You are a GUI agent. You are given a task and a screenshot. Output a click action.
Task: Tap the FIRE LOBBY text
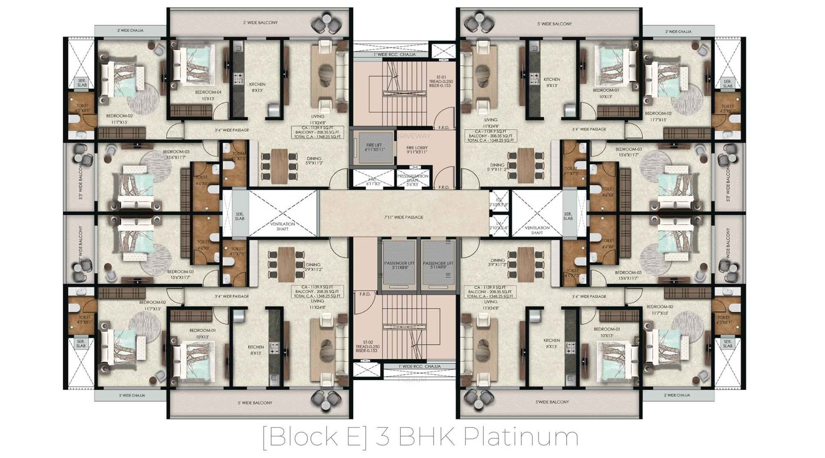pyautogui.click(x=417, y=150)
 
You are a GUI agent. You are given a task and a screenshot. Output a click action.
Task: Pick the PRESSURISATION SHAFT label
pyautogui.click(x=412, y=178)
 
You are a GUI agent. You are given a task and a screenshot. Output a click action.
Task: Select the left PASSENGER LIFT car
pyautogui.click(x=399, y=265)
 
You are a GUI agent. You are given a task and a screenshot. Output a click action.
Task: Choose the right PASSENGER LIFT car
pyautogui.click(x=438, y=265)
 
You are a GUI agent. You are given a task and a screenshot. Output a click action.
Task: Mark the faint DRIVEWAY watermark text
pyautogui.click(x=414, y=135)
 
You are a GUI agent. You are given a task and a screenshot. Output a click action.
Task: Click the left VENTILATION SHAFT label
pyautogui.click(x=283, y=226)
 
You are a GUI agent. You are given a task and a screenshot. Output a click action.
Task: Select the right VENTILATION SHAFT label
pyautogui.click(x=537, y=230)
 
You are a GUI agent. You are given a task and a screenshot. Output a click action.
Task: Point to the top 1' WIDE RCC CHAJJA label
pyautogui.click(x=394, y=54)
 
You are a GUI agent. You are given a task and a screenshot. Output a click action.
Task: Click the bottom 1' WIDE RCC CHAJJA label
pyautogui.click(x=419, y=366)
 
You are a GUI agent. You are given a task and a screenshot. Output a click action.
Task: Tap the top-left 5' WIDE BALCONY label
pyautogui.click(x=260, y=23)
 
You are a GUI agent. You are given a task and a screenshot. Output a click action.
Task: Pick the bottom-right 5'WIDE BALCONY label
pyautogui.click(x=552, y=402)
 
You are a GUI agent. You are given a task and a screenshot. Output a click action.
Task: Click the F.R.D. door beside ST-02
pyautogui.click(x=365, y=294)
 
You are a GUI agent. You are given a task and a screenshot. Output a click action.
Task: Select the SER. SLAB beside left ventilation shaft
pyautogui.click(x=239, y=216)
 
